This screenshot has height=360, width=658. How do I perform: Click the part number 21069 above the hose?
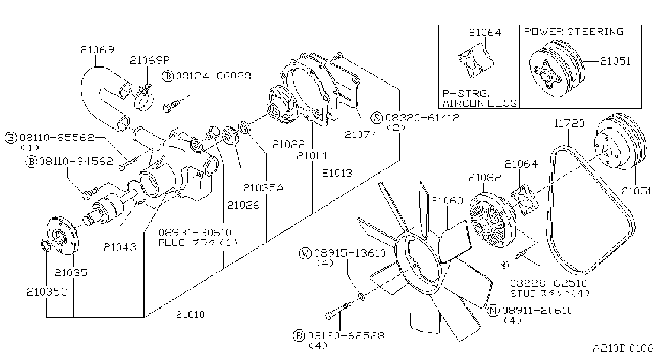click(x=97, y=49)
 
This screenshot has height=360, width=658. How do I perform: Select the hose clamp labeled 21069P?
click(x=143, y=97)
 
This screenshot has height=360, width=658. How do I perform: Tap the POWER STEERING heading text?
click(x=574, y=32)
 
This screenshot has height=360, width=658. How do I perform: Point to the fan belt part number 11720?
click(x=569, y=123)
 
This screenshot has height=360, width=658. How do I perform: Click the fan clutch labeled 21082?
click(x=493, y=220)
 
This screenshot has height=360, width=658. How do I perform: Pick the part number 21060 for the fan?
click(x=447, y=201)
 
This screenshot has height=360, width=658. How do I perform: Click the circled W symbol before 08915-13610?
click(x=305, y=253)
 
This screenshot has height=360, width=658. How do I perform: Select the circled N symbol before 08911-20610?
click(x=493, y=311)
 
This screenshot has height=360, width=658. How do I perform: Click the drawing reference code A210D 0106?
click(x=623, y=348)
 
